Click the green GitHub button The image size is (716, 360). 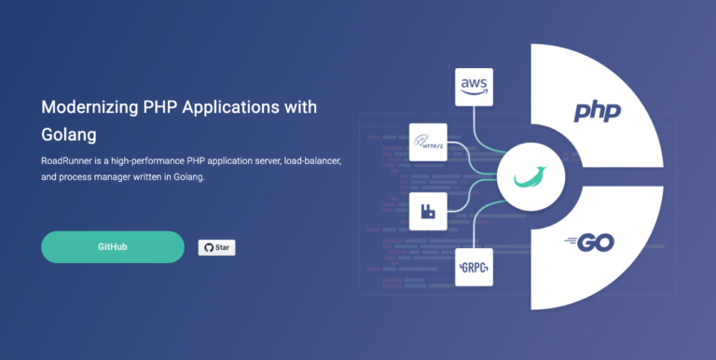[x=113, y=247]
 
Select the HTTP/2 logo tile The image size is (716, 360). [x=429, y=143]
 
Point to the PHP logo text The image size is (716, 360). [x=597, y=113]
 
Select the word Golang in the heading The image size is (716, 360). [x=69, y=134]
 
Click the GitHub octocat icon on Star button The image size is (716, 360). [x=208, y=248]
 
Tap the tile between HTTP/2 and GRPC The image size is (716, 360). [x=429, y=213]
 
